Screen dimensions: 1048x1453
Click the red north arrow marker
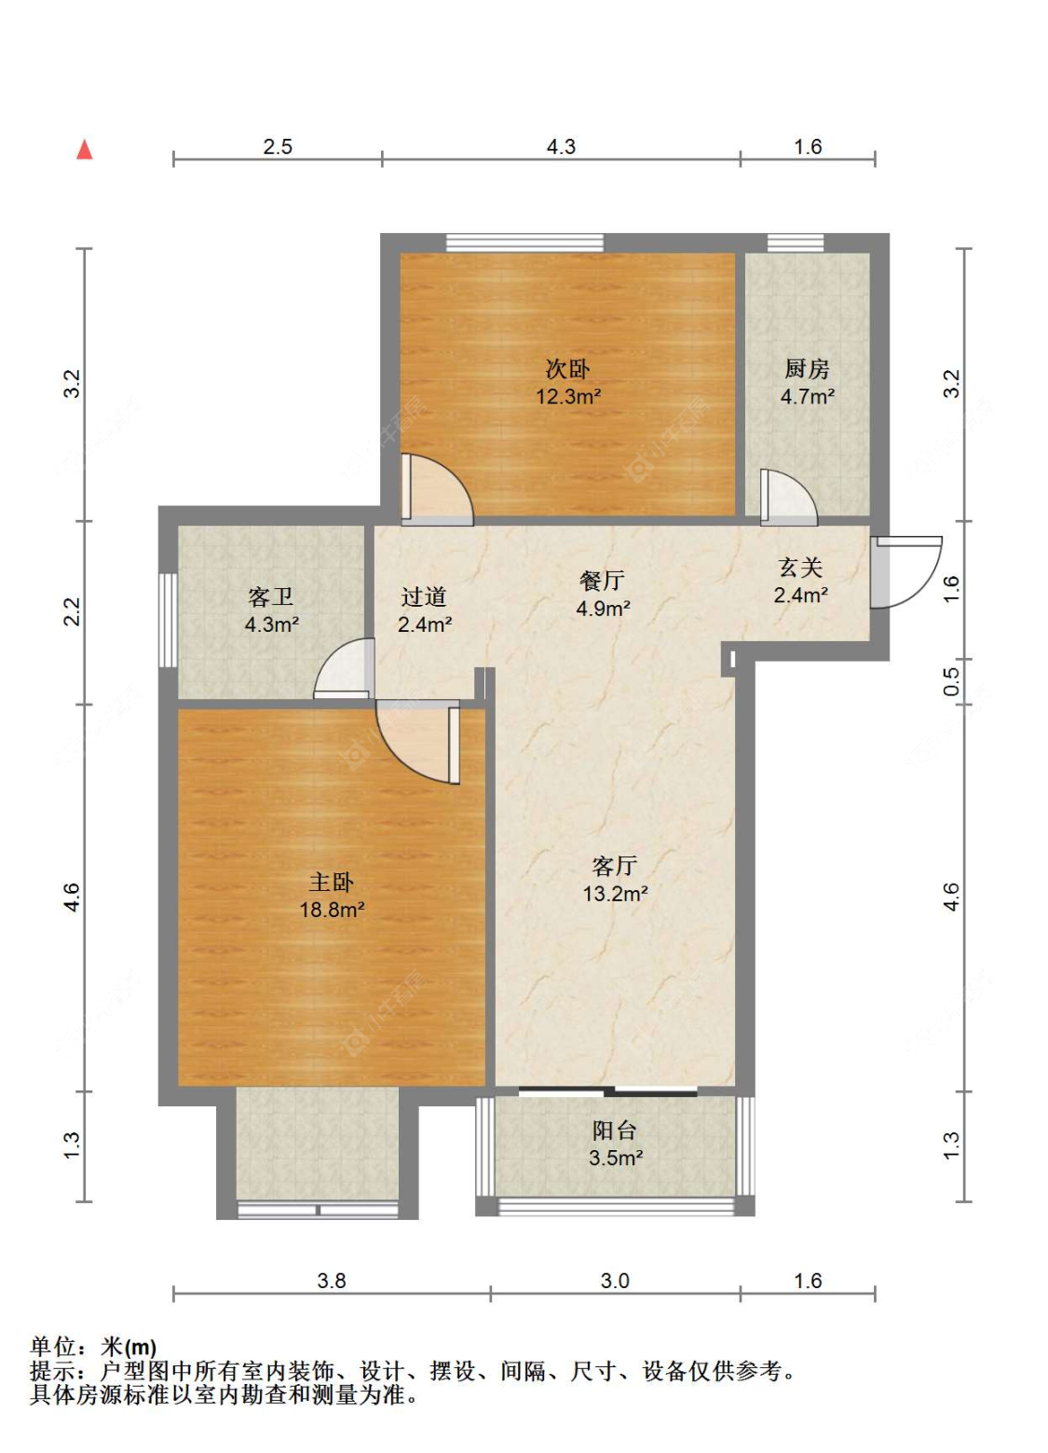85,150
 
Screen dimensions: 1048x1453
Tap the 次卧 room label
567,369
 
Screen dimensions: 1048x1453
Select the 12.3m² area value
568,396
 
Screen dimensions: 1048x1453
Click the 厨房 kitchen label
807,369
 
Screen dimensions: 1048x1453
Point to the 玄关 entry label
801,568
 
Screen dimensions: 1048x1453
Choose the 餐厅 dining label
602,581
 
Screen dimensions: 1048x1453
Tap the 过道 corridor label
424,596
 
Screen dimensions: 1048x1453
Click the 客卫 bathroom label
271,596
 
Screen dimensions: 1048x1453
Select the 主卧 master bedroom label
332,883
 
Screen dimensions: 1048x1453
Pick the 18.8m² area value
332,910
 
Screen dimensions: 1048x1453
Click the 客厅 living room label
615,866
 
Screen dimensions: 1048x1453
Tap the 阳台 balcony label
615,1131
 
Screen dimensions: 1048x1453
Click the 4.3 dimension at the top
561,146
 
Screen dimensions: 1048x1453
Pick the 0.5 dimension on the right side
951,681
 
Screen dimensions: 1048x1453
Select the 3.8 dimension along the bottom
332,1281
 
